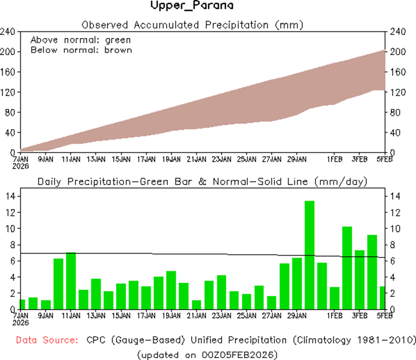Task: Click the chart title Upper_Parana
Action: tap(192, 6)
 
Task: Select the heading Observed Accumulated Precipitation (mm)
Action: tap(192, 24)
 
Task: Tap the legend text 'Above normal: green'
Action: tap(80, 40)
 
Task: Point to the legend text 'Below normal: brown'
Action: tap(81, 49)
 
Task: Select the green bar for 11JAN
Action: tap(71, 280)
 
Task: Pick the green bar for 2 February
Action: tap(347, 267)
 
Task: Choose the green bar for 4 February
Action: tap(372, 271)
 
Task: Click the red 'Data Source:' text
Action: tap(46, 340)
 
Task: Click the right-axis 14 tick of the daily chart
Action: tap(394, 196)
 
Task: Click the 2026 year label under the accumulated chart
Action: tap(20, 166)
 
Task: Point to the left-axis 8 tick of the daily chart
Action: tap(12, 245)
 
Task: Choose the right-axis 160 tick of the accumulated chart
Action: tap(396, 72)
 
